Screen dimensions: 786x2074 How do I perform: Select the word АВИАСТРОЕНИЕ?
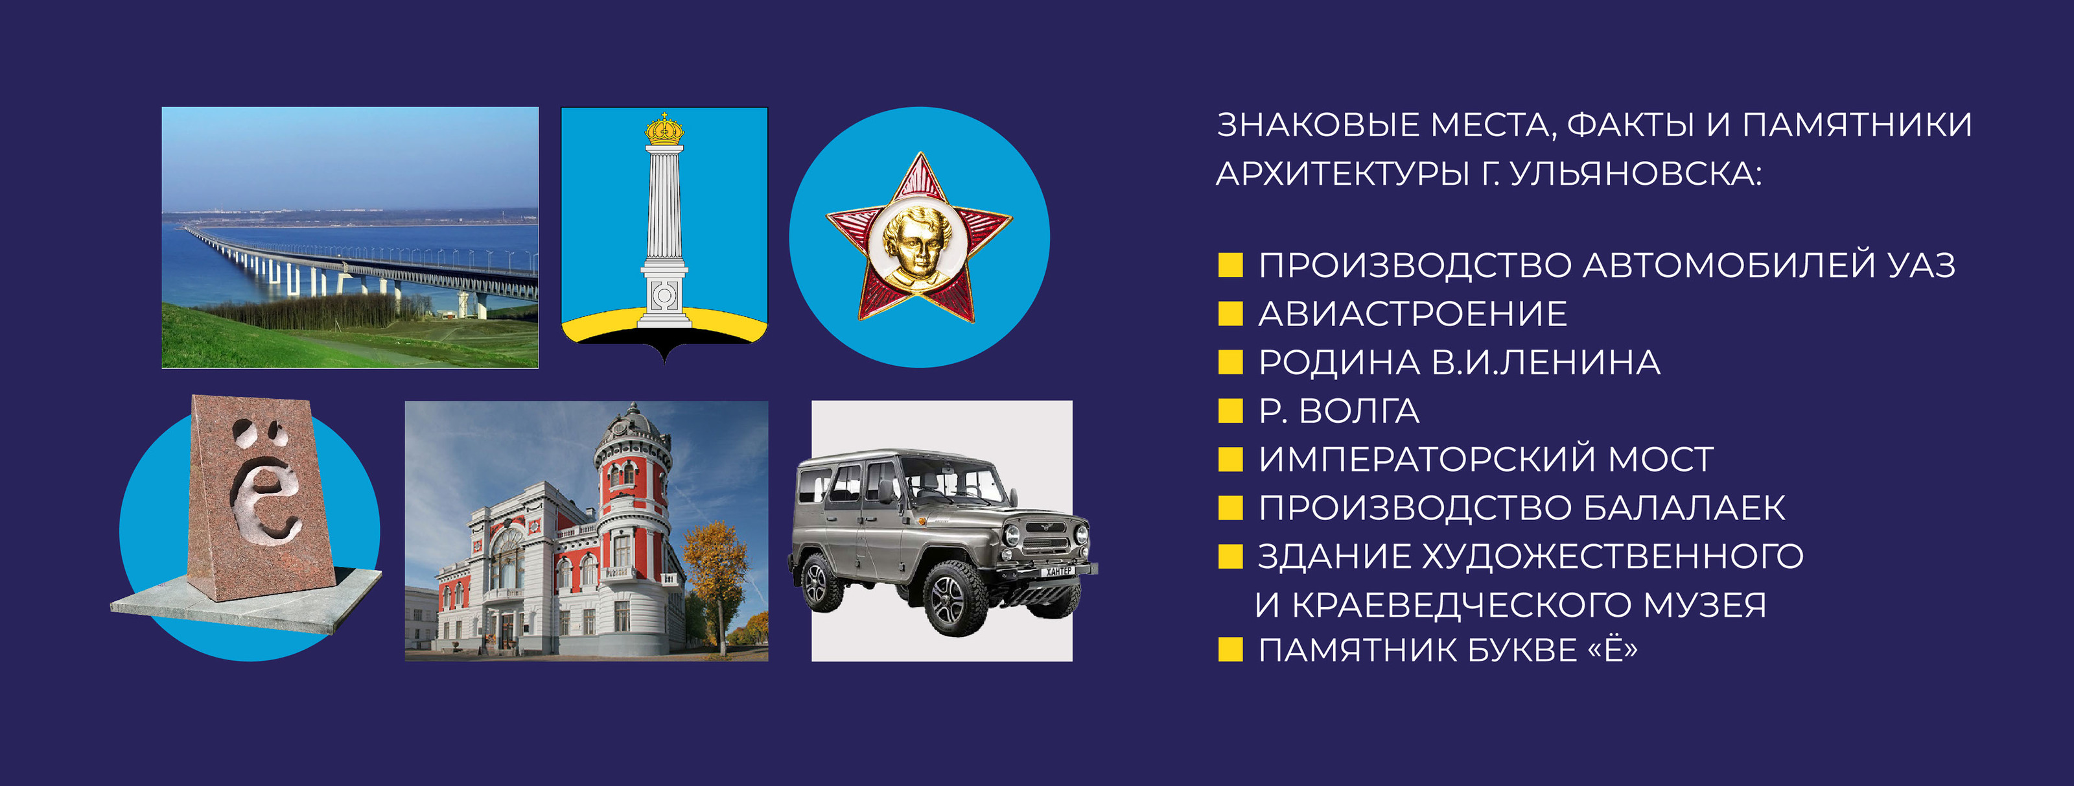pos(1412,314)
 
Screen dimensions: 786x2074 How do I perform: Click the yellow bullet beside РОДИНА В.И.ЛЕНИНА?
pos(1230,363)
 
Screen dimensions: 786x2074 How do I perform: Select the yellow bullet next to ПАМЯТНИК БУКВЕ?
pos(1230,650)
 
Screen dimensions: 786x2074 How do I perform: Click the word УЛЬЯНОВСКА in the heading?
pos(1635,174)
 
